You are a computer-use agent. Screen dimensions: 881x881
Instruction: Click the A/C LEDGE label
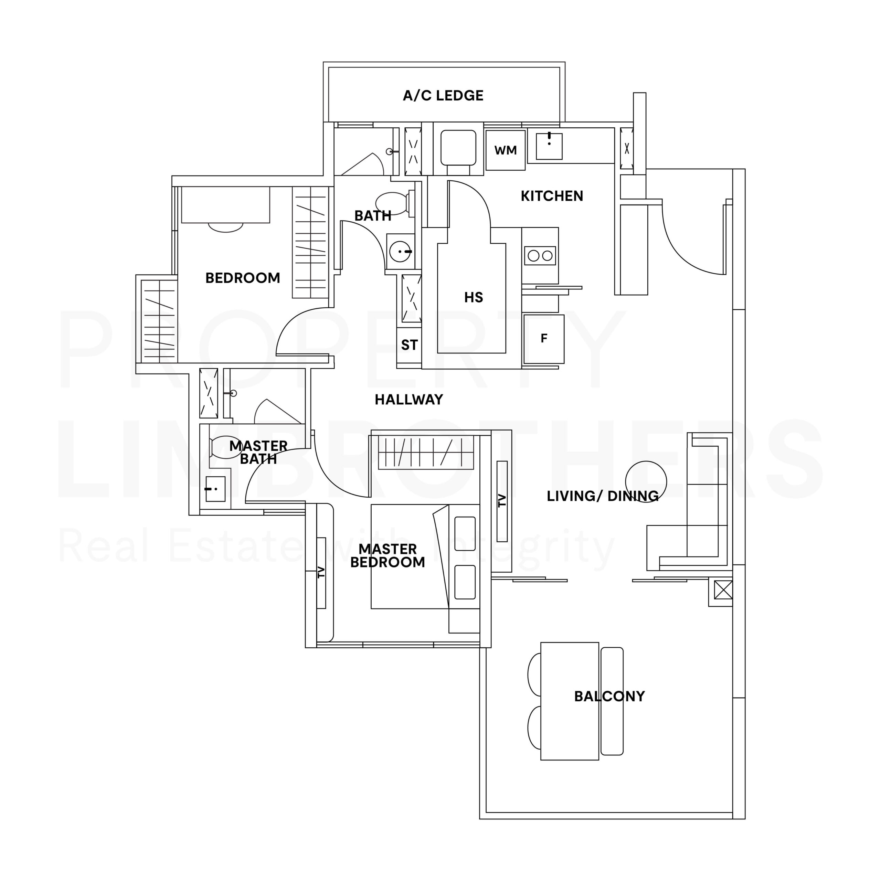coord(443,96)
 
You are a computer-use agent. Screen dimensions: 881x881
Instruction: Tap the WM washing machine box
coord(505,150)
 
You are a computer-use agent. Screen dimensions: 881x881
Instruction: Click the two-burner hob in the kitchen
coord(540,256)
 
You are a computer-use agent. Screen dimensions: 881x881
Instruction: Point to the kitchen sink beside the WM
coord(549,146)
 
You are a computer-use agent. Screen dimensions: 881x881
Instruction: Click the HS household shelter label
coord(473,298)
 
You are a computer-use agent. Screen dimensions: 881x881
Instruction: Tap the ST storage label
coord(409,345)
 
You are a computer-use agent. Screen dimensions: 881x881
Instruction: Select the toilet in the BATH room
coord(394,203)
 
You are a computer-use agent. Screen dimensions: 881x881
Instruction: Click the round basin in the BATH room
coord(400,251)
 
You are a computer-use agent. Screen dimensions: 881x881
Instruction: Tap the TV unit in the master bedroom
coord(321,573)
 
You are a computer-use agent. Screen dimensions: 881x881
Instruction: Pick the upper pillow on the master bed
coord(465,533)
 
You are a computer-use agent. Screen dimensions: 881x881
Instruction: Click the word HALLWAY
coord(408,400)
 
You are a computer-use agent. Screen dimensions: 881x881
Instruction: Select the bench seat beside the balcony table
coord(612,701)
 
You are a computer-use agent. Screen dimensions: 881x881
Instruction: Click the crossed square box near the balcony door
coord(723,590)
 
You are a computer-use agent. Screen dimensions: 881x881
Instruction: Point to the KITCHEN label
coord(552,196)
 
